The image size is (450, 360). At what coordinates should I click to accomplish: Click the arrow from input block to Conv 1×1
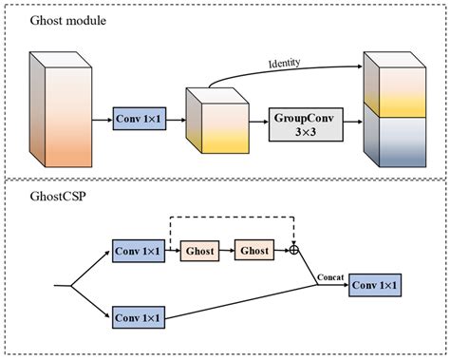[x=101, y=122]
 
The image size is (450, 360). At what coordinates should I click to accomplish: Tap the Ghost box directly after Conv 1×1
[x=200, y=252]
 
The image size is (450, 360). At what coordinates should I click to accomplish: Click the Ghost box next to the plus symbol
[x=254, y=252]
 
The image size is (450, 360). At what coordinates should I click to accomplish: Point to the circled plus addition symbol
[x=294, y=252]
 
